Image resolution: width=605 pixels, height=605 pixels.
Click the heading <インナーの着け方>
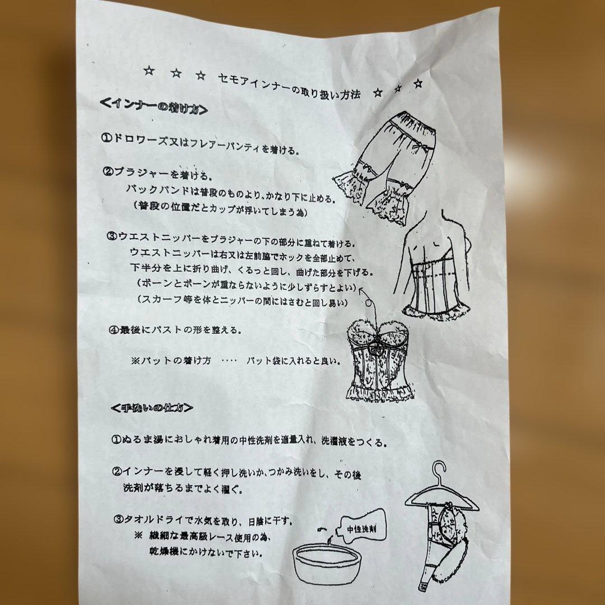pyautogui.click(x=152, y=106)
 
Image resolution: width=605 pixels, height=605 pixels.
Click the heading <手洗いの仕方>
pyautogui.click(x=151, y=407)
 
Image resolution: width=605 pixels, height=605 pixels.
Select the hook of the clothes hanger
pyautogui.click(x=441, y=473)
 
